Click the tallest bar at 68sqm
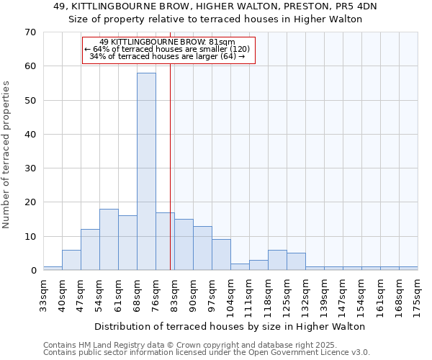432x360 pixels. click(x=146, y=171)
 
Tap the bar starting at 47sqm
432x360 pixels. click(x=90, y=249)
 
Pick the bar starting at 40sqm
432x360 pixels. click(x=71, y=259)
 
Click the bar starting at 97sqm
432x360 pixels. click(x=221, y=254)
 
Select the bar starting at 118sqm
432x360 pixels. click(x=277, y=259)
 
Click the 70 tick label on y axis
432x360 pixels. click(x=30, y=32)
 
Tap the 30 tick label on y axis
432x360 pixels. click(x=30, y=168)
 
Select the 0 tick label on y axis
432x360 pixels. click(x=32, y=271)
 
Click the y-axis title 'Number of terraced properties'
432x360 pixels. click(x=6, y=154)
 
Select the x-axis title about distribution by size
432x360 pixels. click(x=230, y=326)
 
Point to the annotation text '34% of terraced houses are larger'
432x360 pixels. click(x=167, y=56)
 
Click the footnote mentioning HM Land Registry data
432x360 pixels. click(x=206, y=345)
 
